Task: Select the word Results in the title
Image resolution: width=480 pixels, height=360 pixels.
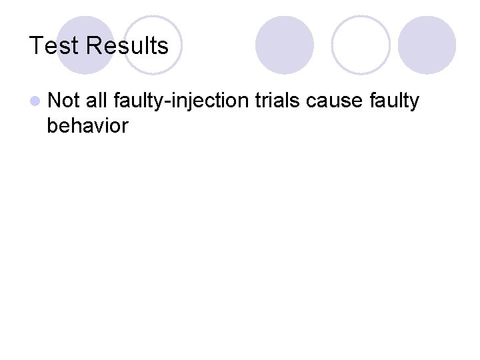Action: click(127, 46)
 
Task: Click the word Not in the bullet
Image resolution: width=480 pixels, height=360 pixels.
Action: click(64, 101)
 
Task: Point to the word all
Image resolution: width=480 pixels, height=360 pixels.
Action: click(96, 101)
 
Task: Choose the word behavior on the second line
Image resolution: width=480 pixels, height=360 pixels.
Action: click(87, 125)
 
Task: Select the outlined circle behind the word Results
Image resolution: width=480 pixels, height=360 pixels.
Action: click(153, 44)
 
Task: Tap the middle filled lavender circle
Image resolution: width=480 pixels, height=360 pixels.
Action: click(285, 44)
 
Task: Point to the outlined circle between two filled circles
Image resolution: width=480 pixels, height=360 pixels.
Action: click(361, 44)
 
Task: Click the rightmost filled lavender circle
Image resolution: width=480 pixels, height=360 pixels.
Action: click(427, 44)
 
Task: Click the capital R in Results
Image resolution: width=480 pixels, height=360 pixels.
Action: click(93, 46)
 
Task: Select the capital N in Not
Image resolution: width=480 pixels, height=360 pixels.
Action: click(54, 101)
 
